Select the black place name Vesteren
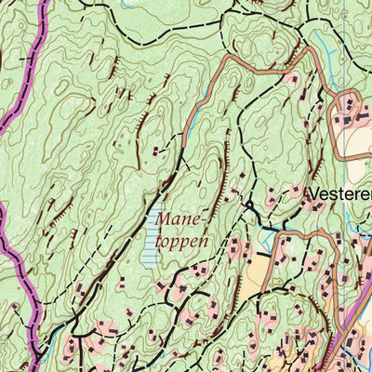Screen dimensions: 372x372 click(x=339, y=194)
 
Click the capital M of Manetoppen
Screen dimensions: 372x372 click(x=162, y=220)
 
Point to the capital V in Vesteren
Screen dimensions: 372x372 click(x=312, y=194)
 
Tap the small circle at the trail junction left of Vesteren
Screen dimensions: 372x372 click(x=249, y=204)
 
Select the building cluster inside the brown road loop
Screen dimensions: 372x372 click(x=351, y=115)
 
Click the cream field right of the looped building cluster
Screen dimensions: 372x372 click(x=358, y=144)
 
